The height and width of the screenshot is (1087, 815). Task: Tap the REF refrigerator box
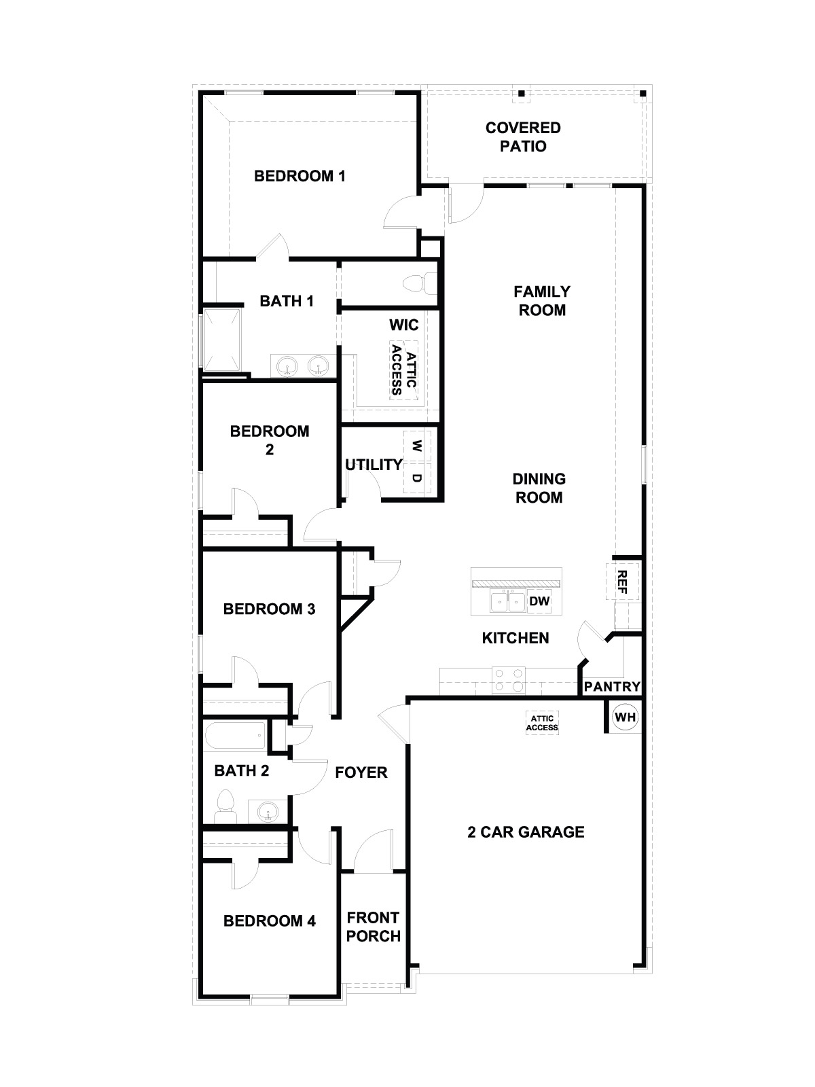coord(622,582)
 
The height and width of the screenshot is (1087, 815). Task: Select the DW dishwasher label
coord(539,601)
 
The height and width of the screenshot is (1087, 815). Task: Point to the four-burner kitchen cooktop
coord(509,680)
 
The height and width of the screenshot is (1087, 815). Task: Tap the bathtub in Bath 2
coord(235,736)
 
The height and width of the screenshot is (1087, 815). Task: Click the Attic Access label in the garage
coord(543,723)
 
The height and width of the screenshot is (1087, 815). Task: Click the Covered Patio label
coord(523,137)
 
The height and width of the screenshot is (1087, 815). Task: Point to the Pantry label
coord(612,687)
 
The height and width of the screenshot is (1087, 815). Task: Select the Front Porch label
coord(374,927)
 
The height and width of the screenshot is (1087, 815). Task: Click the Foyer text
coord(361,772)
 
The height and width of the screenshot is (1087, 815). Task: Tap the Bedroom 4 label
coord(270,921)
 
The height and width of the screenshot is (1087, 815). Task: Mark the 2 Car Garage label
coord(526,832)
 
